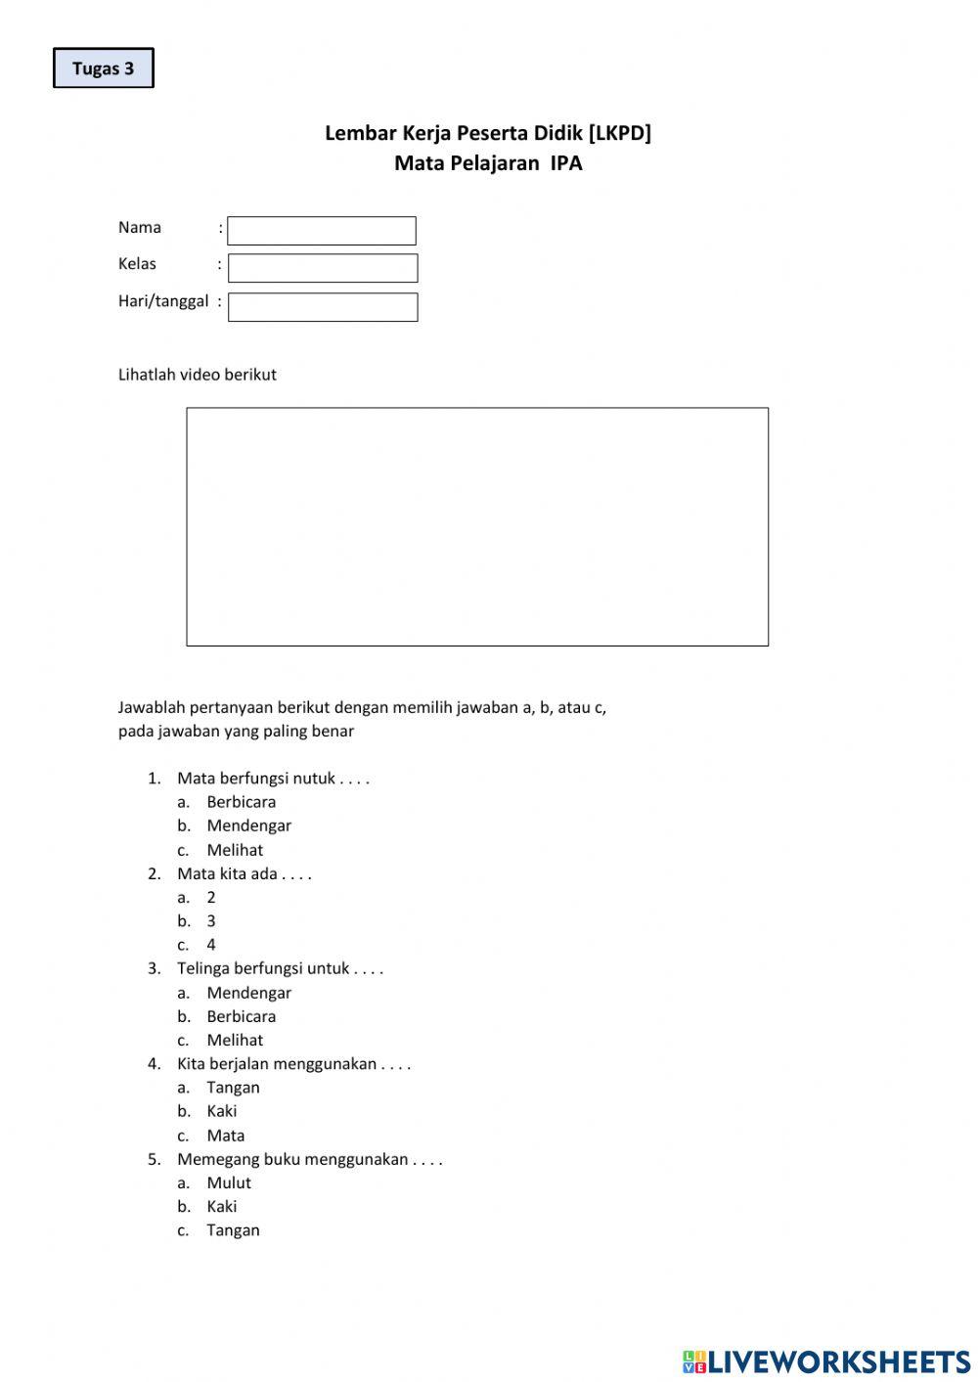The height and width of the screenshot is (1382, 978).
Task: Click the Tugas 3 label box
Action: (104, 68)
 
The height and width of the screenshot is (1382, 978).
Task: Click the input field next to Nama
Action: (322, 231)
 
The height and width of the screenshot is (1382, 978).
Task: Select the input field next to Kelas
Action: (323, 268)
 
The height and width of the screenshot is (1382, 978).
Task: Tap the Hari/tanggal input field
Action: (323, 307)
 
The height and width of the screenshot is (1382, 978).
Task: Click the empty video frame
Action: (477, 526)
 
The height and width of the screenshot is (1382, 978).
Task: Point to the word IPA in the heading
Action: (566, 163)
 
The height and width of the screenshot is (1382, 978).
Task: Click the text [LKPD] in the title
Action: (619, 133)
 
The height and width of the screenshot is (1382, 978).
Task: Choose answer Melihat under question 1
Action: (235, 850)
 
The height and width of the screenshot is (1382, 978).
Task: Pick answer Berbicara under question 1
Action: (242, 802)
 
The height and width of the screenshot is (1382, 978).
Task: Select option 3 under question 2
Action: (211, 921)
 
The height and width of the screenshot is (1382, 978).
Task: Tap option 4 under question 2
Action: (211, 945)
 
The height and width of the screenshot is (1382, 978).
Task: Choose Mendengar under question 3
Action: (249, 993)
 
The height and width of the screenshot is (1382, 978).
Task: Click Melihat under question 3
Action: (235, 1040)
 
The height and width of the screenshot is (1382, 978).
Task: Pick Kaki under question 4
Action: (222, 1111)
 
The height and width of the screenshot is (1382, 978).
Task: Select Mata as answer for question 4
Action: (226, 1136)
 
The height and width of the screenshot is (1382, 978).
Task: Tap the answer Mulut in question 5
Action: (229, 1182)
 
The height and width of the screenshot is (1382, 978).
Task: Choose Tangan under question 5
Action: (234, 1230)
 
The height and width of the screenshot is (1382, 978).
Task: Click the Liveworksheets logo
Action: (826, 1361)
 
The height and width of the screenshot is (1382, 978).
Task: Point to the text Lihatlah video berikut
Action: (198, 375)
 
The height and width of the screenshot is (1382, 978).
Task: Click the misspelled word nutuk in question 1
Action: (314, 779)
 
